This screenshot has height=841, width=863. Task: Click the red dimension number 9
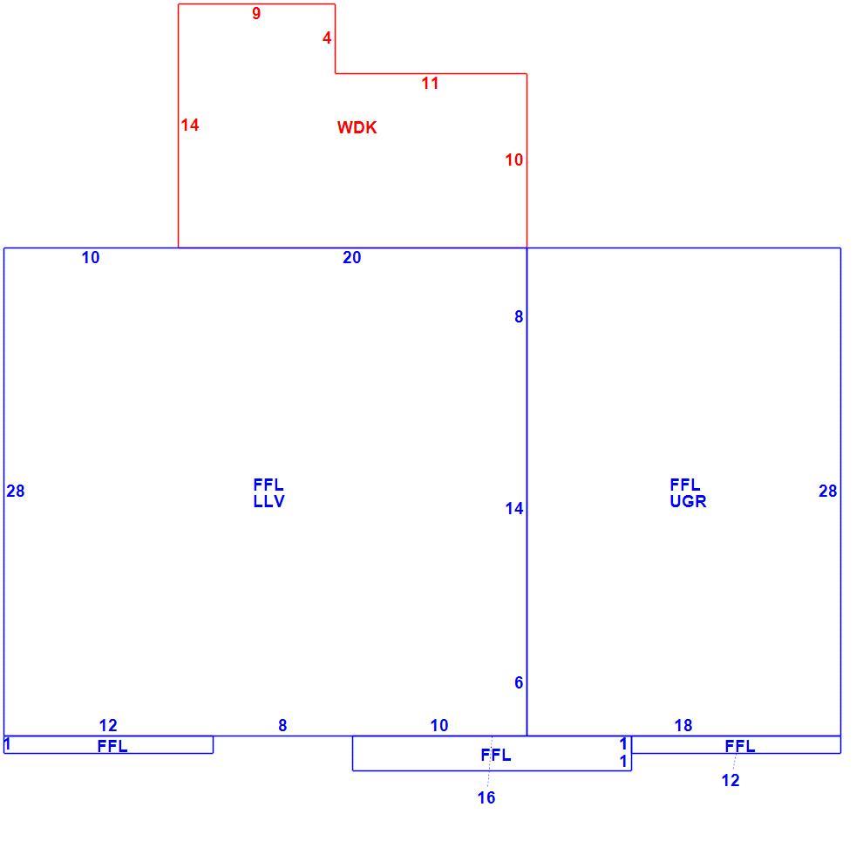(256, 13)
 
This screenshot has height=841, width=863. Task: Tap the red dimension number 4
(327, 38)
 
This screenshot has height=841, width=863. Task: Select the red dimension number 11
(430, 83)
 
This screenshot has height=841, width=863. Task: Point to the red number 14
(190, 125)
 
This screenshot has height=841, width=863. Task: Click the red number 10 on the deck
(514, 159)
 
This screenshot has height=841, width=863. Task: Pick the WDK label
(357, 128)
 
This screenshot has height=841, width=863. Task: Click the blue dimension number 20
(351, 257)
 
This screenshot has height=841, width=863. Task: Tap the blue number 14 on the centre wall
(514, 508)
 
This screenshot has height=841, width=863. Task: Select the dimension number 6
(519, 682)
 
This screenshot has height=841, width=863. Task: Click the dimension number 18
(683, 725)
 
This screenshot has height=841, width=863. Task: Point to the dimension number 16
(486, 797)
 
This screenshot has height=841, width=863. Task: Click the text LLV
(268, 501)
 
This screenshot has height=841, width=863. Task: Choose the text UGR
(688, 501)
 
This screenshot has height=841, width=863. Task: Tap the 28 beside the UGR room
(828, 491)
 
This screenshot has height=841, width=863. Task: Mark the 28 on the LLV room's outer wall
(16, 491)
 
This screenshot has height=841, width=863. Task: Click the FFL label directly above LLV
(268, 485)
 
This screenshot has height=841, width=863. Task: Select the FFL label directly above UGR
(684, 485)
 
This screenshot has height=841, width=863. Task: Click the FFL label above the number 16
(496, 755)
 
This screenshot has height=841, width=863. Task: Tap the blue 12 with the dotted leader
(730, 781)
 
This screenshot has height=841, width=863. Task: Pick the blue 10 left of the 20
(91, 257)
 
